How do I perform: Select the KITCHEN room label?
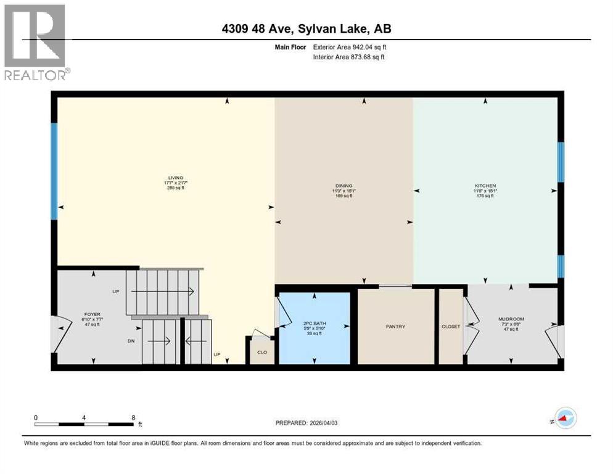point(485,186)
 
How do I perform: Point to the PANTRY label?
point(395,326)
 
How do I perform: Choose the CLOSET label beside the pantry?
point(451,326)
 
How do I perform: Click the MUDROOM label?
point(510,319)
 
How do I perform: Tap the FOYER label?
point(93,314)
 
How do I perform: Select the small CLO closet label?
point(261,354)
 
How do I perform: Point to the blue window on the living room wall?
point(54,171)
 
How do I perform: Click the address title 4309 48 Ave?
point(306,28)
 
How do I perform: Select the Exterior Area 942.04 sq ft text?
point(350,47)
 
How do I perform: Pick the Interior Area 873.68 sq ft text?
point(350,57)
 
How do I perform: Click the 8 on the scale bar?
point(133,417)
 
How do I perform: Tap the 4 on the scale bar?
point(84,417)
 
